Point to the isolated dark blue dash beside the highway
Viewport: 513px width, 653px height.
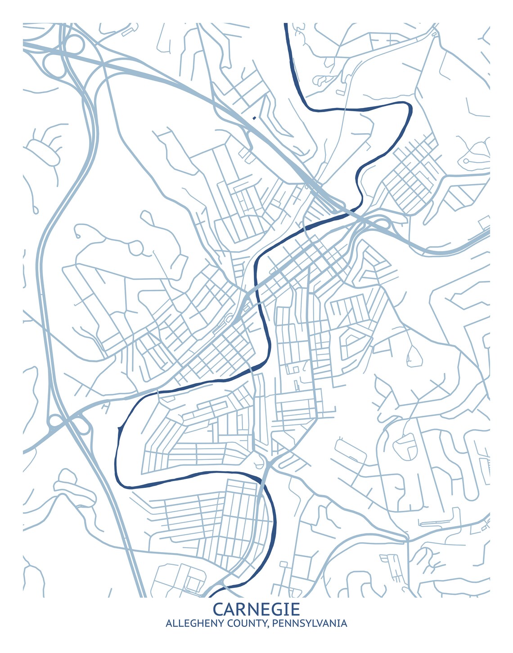pyautogui.click(x=255, y=118)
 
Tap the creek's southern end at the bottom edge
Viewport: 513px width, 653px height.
pyautogui.click(x=211, y=595)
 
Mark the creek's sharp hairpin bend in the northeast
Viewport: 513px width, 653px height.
pyautogui.click(x=409, y=108)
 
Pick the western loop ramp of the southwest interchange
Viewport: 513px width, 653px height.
pyautogui.click(x=55, y=422)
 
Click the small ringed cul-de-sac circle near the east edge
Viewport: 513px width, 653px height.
pyautogui.click(x=466, y=161)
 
